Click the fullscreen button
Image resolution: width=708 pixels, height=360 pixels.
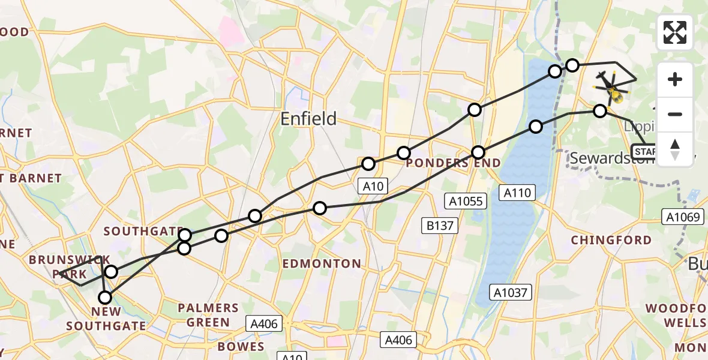coord(675,32)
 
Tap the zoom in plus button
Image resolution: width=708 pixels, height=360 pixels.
coord(675,79)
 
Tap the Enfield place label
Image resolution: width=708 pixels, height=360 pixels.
coord(309,119)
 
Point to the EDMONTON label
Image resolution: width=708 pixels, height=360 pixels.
coord(322,263)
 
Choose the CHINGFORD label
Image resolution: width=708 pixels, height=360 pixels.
coord(611,240)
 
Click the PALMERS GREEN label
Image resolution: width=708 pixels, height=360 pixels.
coord(208,315)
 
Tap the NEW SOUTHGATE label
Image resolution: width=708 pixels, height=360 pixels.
coord(106,319)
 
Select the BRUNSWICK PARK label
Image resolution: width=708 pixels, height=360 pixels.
coord(70,267)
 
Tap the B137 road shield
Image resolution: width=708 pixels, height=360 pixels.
coord(440,226)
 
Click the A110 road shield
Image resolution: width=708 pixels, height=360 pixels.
coord(516,192)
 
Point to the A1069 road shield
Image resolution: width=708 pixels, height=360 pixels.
coord(683,217)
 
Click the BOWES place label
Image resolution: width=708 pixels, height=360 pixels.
coord(241,347)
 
